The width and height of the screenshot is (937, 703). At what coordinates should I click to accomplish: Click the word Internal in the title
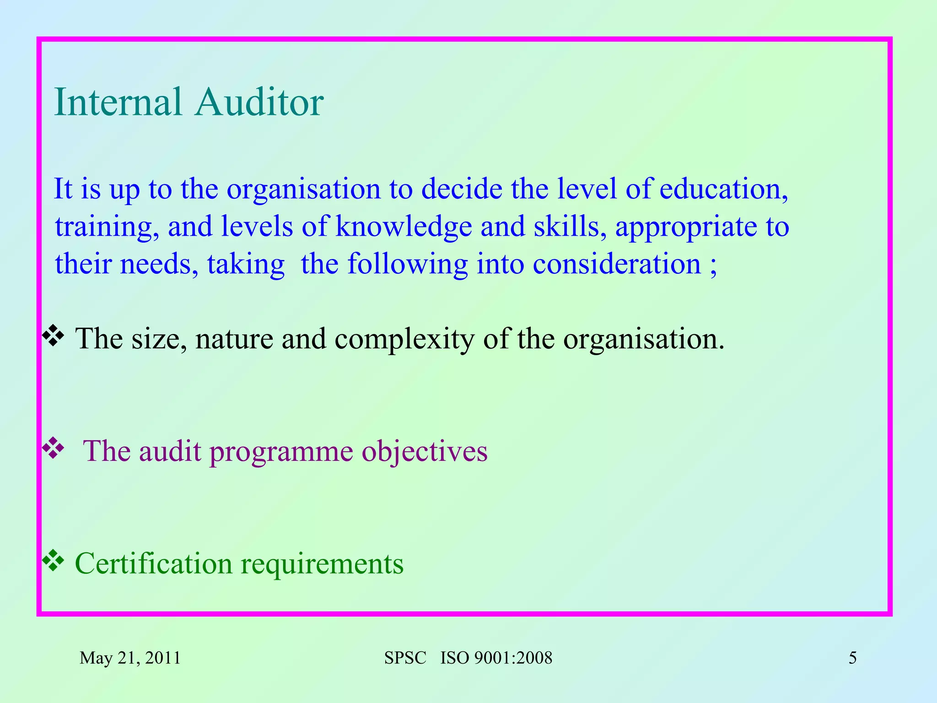point(118,102)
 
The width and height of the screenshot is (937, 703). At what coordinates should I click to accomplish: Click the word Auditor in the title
point(259,102)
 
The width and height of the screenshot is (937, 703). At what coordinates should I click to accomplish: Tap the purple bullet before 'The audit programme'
point(53,448)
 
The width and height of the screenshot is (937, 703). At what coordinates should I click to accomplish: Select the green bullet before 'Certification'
point(53,560)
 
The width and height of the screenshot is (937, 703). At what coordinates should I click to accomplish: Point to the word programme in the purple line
point(281,452)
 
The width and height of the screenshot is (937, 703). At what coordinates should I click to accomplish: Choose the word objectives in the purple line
point(425,452)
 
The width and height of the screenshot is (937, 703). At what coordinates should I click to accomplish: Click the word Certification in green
point(153,563)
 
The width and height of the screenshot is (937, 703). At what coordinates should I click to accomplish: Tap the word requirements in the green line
point(322,564)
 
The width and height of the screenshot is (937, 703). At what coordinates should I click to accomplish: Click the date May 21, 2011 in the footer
point(130,658)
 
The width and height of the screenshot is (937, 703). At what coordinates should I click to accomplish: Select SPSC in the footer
point(405,658)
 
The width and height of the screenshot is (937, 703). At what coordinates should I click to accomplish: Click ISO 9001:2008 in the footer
point(496,658)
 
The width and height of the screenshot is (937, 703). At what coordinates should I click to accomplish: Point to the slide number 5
point(852,658)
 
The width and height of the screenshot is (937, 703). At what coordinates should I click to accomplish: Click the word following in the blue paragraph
point(407,265)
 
